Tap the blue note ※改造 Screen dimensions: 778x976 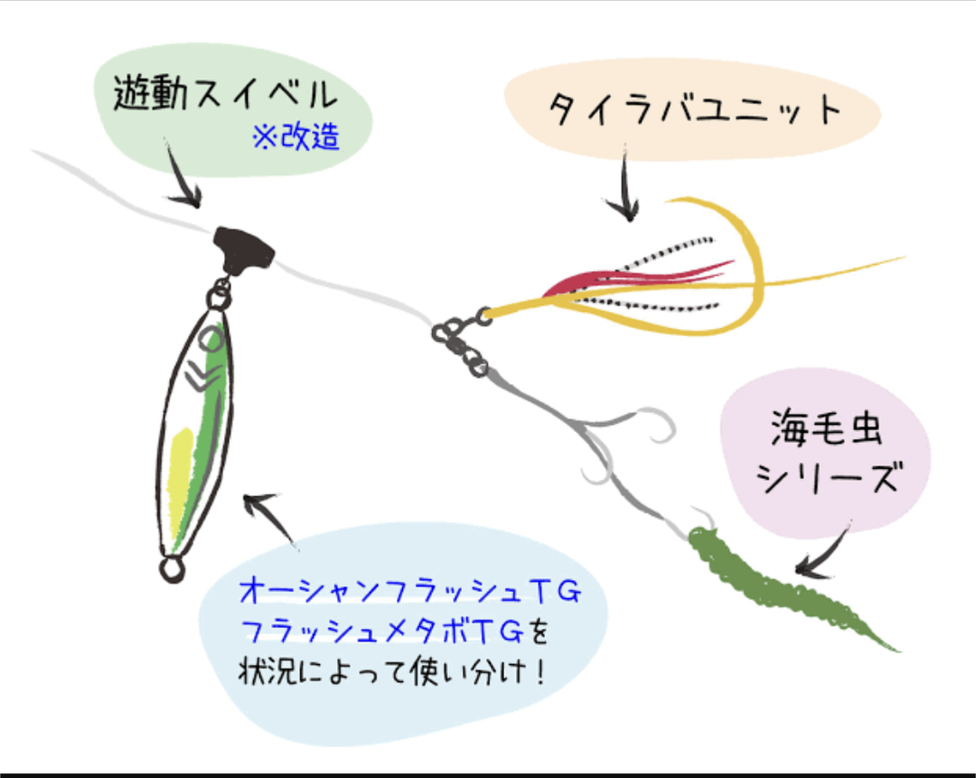pyautogui.click(x=296, y=138)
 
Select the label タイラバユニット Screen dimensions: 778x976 pyautogui.click(x=694, y=111)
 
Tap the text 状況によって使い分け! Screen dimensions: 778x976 pyautogui.click(x=393, y=673)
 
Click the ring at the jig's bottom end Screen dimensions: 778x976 pyautogui.click(x=170, y=568)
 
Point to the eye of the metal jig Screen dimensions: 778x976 pyautogui.click(x=210, y=340)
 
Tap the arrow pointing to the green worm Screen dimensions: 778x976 pyautogui.click(x=824, y=551)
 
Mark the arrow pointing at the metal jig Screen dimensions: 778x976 pyautogui.click(x=271, y=517)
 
